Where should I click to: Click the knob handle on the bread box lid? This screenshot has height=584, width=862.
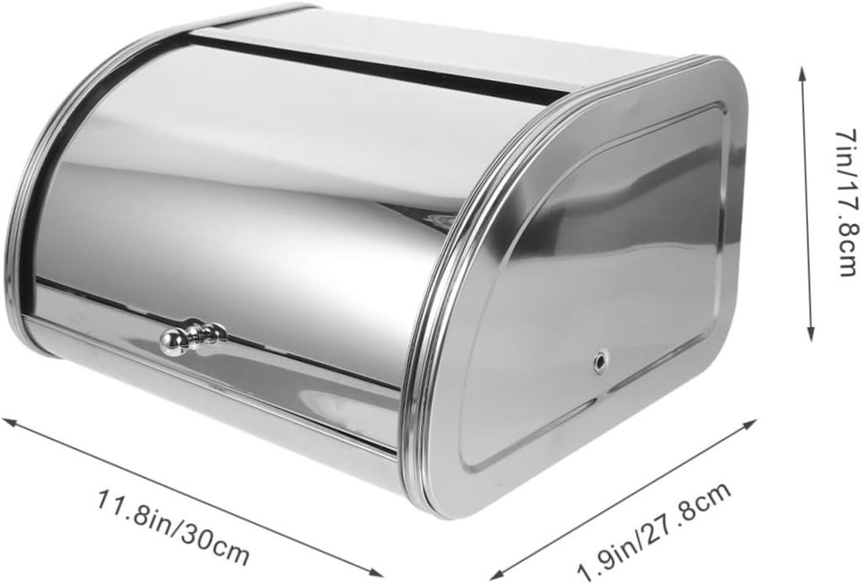pos(192,336)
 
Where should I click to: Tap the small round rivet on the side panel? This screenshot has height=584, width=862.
pos(599,360)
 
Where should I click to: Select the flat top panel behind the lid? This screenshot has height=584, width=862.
pos(438,42)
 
